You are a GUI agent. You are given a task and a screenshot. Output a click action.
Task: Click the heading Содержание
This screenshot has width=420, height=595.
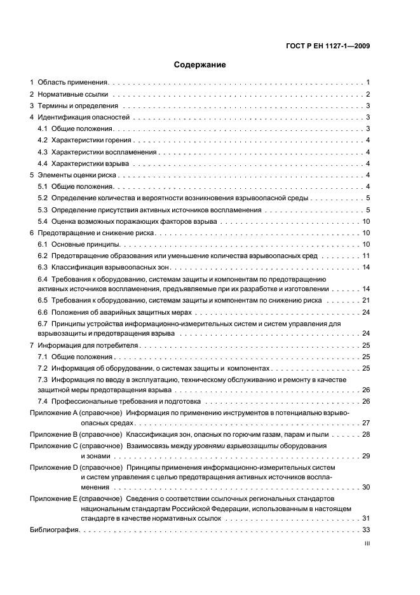click(x=200, y=64)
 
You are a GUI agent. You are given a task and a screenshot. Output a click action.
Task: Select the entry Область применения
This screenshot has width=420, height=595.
click(x=74, y=83)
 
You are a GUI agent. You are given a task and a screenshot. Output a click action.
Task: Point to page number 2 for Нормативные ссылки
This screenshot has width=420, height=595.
click(x=368, y=94)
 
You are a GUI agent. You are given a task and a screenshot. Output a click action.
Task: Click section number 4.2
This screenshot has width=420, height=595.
click(x=43, y=140)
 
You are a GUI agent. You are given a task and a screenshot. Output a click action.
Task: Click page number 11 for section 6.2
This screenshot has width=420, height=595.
click(x=366, y=256)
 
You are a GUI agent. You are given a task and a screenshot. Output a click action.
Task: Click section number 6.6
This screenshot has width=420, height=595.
click(x=43, y=313)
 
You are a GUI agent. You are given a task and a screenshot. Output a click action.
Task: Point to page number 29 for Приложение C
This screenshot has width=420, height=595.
click(x=366, y=456)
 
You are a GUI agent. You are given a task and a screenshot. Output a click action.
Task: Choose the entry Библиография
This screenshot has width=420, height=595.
click(x=54, y=530)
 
